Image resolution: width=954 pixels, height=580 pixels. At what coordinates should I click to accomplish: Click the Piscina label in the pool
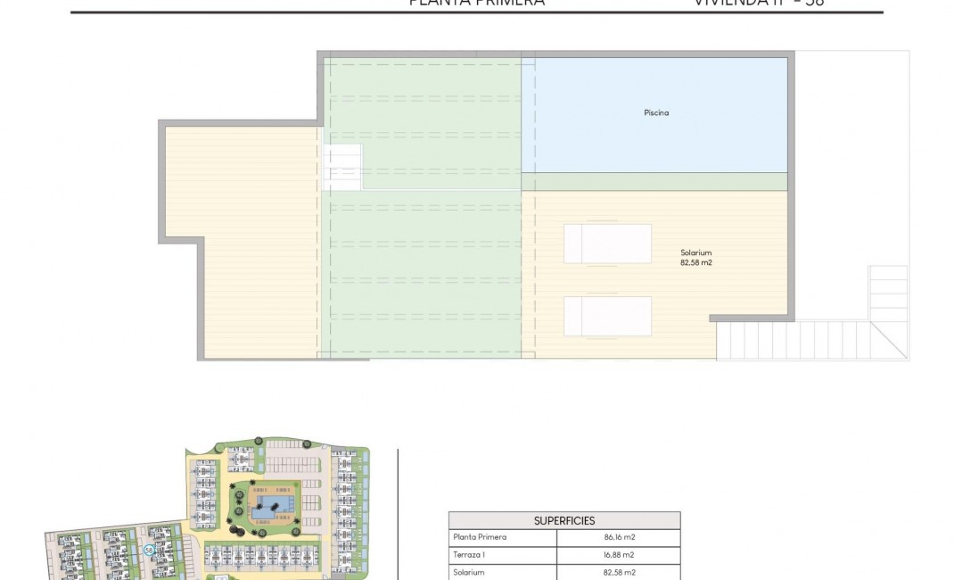656,113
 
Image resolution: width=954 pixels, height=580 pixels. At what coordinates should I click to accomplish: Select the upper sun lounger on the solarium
607,243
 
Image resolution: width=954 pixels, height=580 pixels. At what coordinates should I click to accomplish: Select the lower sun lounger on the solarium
607,316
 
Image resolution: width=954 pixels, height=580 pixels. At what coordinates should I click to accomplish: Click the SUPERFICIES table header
563,520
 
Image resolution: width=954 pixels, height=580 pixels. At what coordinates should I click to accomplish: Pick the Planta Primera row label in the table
480,537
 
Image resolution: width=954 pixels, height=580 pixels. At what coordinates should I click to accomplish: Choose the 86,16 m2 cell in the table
618,537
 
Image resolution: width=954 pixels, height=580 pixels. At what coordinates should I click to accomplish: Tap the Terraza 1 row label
469,554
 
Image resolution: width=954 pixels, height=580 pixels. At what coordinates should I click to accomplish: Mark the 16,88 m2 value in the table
618,554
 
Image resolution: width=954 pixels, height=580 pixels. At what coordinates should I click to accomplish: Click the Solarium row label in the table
469,572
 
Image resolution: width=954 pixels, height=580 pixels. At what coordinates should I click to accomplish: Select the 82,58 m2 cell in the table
618,572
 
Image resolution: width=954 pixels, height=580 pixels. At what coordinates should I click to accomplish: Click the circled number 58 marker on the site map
149,551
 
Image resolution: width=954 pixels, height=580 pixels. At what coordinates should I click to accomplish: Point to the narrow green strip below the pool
655,181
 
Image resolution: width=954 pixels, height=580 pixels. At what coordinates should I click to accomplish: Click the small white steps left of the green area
342,166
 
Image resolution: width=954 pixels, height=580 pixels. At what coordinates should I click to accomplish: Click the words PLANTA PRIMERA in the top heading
476,3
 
